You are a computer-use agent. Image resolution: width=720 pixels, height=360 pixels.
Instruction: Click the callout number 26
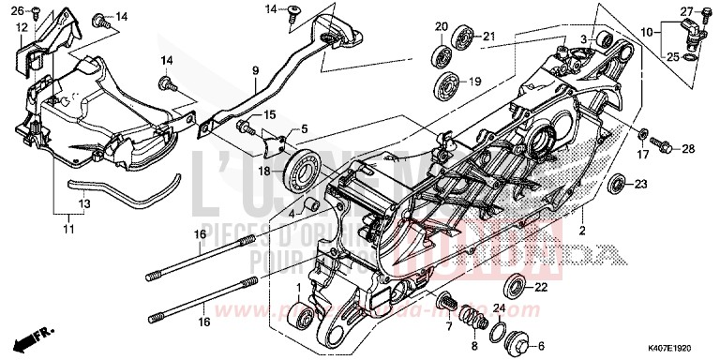tap(15, 10)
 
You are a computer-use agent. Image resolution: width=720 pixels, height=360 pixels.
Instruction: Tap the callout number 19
tap(475, 82)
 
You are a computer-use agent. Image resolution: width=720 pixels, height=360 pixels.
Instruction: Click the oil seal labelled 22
tap(516, 286)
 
